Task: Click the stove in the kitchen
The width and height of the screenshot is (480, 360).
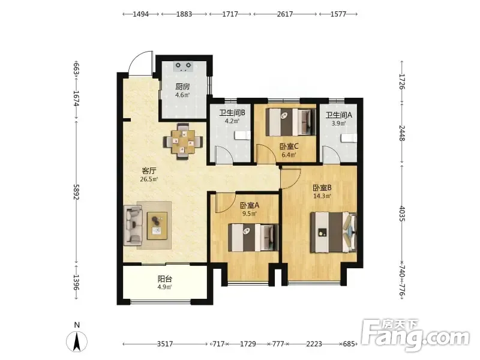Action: pos(183,67)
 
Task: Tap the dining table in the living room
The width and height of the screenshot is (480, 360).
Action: pos(183,142)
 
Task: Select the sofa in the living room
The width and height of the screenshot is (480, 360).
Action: pos(133,226)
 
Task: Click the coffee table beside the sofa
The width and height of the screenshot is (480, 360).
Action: pos(157,226)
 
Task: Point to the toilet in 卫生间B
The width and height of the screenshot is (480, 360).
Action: pos(242,136)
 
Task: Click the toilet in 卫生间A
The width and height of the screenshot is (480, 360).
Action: pos(349,138)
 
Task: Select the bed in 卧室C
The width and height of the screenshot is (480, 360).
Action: pos(290,122)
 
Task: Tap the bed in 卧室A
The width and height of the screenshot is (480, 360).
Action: pos(253,238)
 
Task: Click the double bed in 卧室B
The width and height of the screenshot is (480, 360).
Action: pos(334,232)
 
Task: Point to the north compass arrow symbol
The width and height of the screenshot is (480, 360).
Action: pos(77,341)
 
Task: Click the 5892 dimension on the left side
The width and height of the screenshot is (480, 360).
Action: pos(76,192)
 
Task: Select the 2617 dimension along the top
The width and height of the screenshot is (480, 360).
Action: pos(285,14)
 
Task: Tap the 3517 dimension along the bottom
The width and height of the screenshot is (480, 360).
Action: pos(165,344)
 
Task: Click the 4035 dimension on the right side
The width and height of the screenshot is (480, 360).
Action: pos(402,214)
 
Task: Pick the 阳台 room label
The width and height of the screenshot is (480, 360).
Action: pos(164,279)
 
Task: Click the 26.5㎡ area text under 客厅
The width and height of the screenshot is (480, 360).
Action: pos(149,179)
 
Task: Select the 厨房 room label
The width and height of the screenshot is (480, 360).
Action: pos(182,87)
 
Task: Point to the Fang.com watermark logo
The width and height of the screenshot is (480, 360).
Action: pos(416,336)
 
